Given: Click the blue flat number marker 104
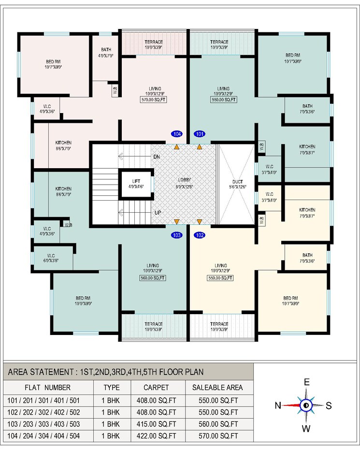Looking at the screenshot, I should (177, 133).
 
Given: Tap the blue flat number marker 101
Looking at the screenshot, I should (199, 133).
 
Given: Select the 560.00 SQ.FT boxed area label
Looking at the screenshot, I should (153, 278).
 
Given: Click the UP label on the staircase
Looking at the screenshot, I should (157, 212).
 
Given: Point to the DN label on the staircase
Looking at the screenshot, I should (157, 157).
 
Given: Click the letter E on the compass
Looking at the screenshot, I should (306, 382).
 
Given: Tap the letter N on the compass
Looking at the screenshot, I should (278, 406).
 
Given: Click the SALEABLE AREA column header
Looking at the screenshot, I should (218, 387).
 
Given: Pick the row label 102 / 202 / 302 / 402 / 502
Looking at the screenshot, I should (43, 412).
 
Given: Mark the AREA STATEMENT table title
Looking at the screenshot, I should (106, 372).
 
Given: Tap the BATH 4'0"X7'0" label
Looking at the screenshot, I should (106, 52).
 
